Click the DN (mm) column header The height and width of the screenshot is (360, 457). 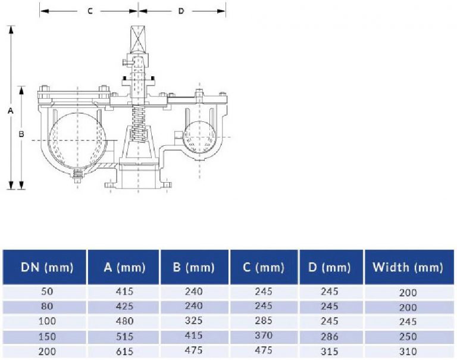pyautogui.click(x=46, y=267)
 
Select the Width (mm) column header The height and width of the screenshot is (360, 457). pyautogui.click(x=408, y=267)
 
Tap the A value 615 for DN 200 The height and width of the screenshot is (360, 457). pyautogui.click(x=124, y=351)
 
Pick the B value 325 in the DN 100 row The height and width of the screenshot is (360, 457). pyautogui.click(x=193, y=321)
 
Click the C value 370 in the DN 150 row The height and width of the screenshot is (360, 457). pyautogui.click(x=264, y=336)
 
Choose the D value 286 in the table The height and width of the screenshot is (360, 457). pyautogui.click(x=330, y=336)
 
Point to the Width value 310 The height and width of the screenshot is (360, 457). pyautogui.click(x=408, y=352)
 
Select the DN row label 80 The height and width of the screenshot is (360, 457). pyautogui.click(x=46, y=307)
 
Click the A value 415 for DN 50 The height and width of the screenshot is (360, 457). pyautogui.click(x=124, y=292)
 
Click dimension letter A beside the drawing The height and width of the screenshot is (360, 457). pyautogui.click(x=10, y=111)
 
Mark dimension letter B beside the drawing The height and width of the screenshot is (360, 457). pyautogui.click(x=21, y=134)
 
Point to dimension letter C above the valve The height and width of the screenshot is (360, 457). pyautogui.click(x=90, y=11)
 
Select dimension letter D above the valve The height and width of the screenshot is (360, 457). pyautogui.click(x=181, y=11)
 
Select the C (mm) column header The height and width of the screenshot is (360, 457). pyautogui.click(x=264, y=267)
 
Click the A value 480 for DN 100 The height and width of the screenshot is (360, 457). pyautogui.click(x=124, y=322)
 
